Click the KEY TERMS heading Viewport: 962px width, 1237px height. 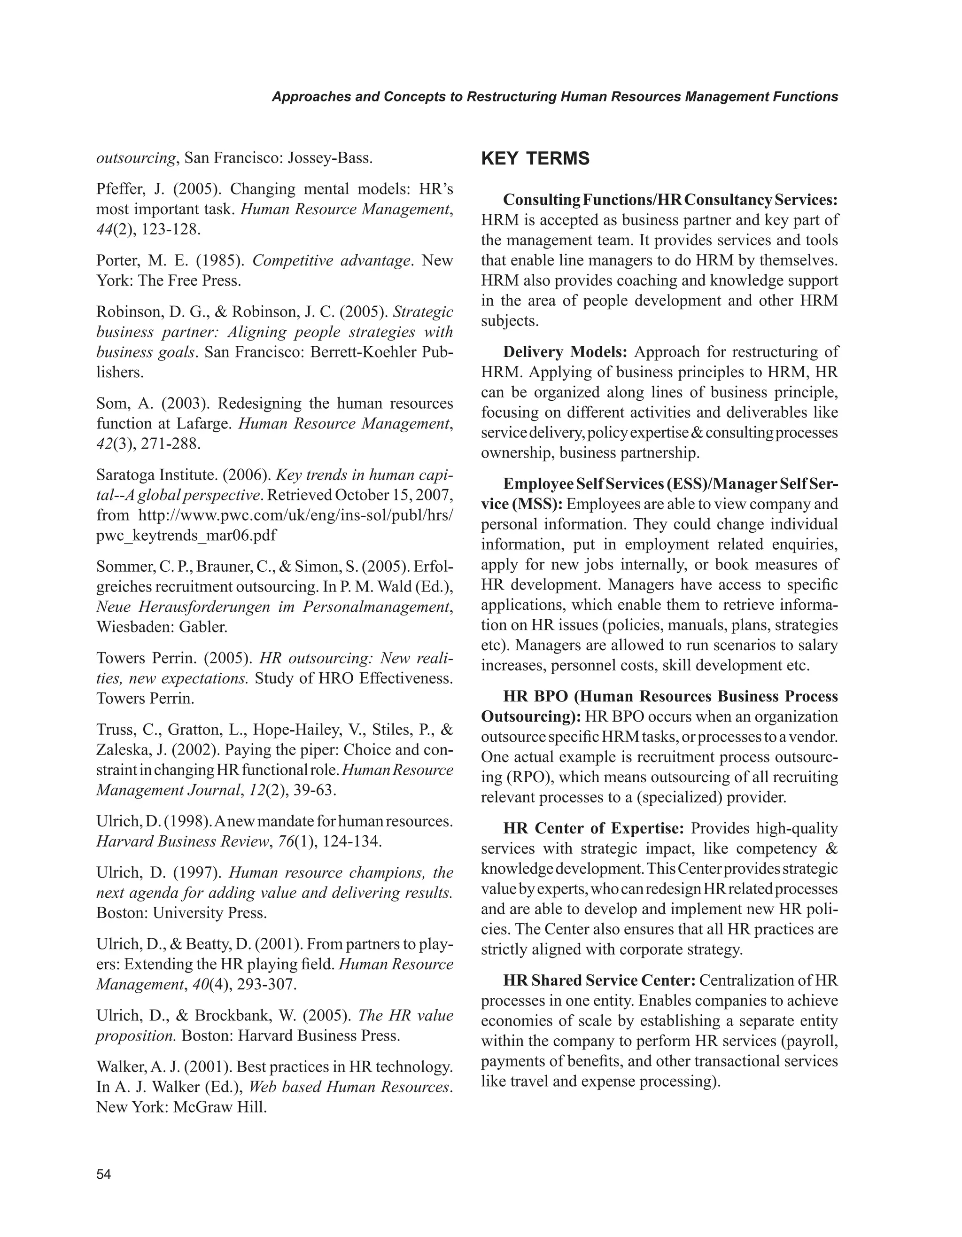535,159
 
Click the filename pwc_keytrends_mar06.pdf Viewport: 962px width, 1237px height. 187,535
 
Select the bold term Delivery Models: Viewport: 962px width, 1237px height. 565,352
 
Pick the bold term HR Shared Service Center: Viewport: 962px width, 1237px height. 600,980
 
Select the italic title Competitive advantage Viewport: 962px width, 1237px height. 331,261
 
